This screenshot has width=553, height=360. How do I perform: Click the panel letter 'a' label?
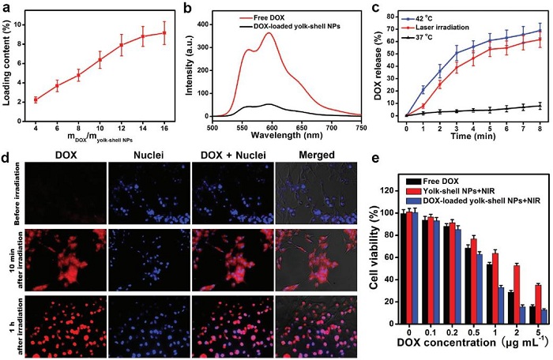pos(6,7)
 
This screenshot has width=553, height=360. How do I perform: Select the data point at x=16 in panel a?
pos(164,32)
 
